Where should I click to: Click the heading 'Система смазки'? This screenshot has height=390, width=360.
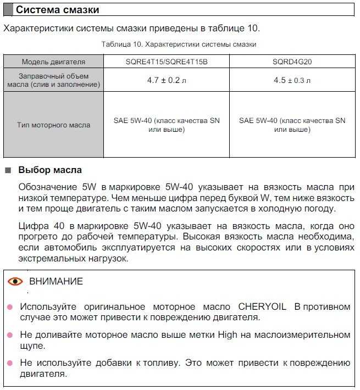click(x=57, y=10)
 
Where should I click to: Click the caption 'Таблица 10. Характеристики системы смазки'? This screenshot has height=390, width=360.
click(x=179, y=44)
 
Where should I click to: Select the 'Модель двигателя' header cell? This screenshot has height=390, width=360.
click(x=53, y=62)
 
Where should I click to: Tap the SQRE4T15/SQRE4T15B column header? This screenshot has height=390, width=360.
click(x=167, y=62)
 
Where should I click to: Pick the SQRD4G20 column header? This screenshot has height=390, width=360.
click(x=292, y=62)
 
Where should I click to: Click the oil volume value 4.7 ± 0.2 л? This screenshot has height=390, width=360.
click(x=167, y=80)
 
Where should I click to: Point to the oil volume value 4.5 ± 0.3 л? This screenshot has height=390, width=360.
click(x=292, y=80)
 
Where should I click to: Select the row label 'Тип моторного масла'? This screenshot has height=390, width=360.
click(x=53, y=125)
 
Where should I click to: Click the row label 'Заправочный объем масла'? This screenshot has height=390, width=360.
click(x=53, y=80)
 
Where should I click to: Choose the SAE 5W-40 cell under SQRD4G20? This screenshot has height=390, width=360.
click(x=292, y=125)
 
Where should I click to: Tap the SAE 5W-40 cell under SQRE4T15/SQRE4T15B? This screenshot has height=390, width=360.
click(x=167, y=125)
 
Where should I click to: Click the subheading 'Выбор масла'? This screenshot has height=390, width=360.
click(x=50, y=170)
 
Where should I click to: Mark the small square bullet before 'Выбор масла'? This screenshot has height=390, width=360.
click(x=8, y=170)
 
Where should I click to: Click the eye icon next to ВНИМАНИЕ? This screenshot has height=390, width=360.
click(x=15, y=282)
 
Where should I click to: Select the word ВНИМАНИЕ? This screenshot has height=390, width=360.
click(x=56, y=282)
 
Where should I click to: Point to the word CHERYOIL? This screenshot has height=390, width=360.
click(x=262, y=307)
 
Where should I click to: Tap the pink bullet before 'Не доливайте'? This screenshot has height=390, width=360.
click(x=9, y=335)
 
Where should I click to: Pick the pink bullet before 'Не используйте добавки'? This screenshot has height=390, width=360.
click(x=9, y=363)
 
